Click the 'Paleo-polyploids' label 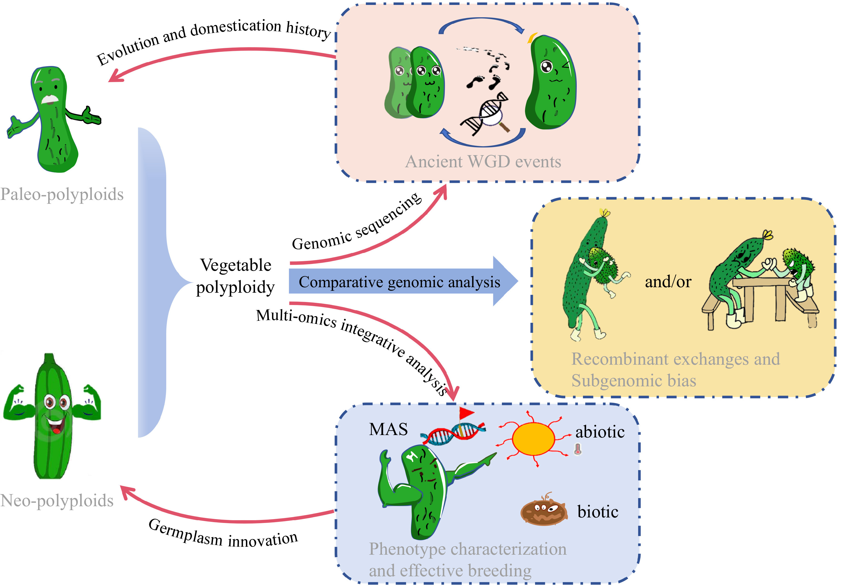coord(62,194)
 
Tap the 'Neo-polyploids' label coord(57,500)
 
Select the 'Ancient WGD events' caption coord(483,162)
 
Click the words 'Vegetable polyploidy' coord(235,276)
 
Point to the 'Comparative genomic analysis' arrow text coord(399,282)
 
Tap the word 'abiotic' coord(600,432)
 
